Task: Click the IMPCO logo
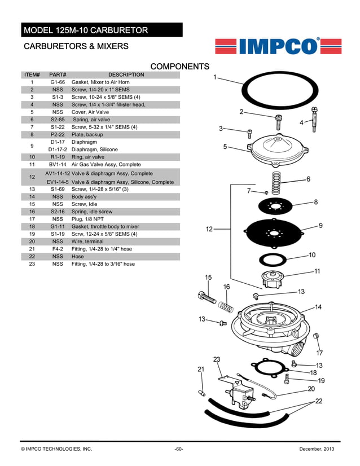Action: [x=278, y=46]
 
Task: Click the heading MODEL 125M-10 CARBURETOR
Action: [x=85, y=30]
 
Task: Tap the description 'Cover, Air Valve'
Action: [x=91, y=112]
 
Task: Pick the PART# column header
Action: [x=58, y=74]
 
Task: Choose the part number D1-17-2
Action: [x=58, y=150]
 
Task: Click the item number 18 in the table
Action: [x=32, y=226]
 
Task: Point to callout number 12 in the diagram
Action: [x=209, y=229]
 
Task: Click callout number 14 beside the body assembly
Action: [x=318, y=307]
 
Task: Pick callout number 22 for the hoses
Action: [x=318, y=401]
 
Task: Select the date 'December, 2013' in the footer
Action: [x=320, y=449]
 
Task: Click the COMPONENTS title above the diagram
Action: [x=179, y=67]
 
